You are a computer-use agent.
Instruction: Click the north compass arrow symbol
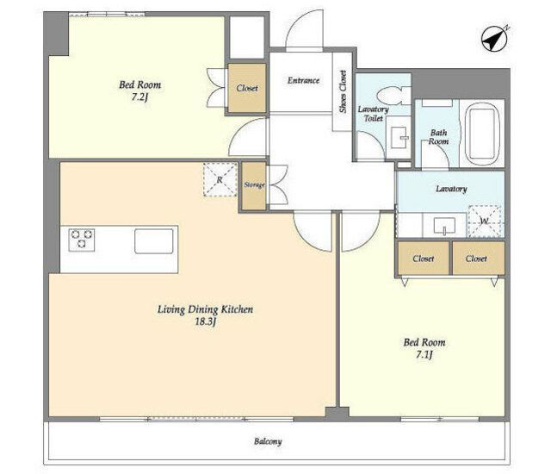click(x=495, y=39)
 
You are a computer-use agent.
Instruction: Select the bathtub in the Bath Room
click(x=482, y=134)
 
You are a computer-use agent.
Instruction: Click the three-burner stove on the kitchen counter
click(x=82, y=240)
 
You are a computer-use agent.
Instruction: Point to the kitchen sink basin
click(x=154, y=241)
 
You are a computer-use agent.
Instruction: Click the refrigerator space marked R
click(x=220, y=179)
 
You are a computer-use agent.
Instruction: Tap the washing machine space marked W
click(x=485, y=221)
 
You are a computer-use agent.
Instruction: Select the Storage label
click(x=254, y=184)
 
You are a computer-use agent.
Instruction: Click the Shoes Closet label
click(x=343, y=91)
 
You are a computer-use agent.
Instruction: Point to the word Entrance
click(x=303, y=80)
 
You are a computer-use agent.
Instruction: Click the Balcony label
click(x=268, y=441)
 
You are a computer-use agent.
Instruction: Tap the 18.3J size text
click(x=205, y=321)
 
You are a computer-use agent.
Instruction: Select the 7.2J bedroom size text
click(x=139, y=97)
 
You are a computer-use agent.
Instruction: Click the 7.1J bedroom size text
click(x=424, y=354)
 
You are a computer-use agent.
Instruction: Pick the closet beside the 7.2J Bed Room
click(x=247, y=88)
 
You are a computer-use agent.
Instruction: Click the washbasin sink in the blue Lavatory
click(x=444, y=226)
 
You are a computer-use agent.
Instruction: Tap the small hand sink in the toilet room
click(x=399, y=138)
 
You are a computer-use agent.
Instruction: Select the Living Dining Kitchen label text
click(x=205, y=309)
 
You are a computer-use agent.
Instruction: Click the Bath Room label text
click(x=438, y=137)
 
